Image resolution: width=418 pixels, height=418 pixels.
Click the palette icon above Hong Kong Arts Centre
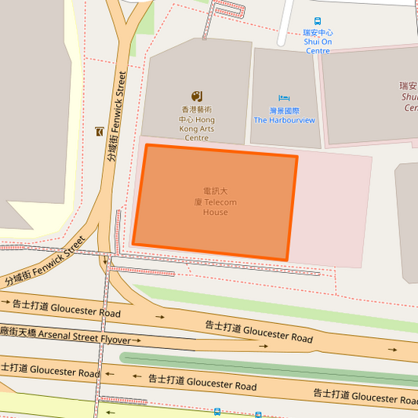[x=197, y=96]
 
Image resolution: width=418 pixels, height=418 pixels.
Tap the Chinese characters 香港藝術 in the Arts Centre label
[x=197, y=110]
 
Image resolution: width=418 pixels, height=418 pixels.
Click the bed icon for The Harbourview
[x=284, y=98]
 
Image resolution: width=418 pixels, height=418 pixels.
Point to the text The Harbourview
[x=284, y=120]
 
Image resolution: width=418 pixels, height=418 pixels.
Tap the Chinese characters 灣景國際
[x=284, y=111]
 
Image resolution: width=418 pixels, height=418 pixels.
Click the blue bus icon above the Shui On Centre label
[x=318, y=21]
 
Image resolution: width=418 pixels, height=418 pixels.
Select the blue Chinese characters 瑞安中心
[x=318, y=33]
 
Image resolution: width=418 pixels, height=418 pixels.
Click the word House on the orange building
[x=215, y=213]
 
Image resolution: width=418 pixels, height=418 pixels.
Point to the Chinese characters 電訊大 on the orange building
[x=215, y=191]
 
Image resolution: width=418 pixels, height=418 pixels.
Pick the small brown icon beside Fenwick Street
[x=98, y=131]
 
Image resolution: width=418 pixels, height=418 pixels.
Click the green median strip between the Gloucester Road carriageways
[x=267, y=364]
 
